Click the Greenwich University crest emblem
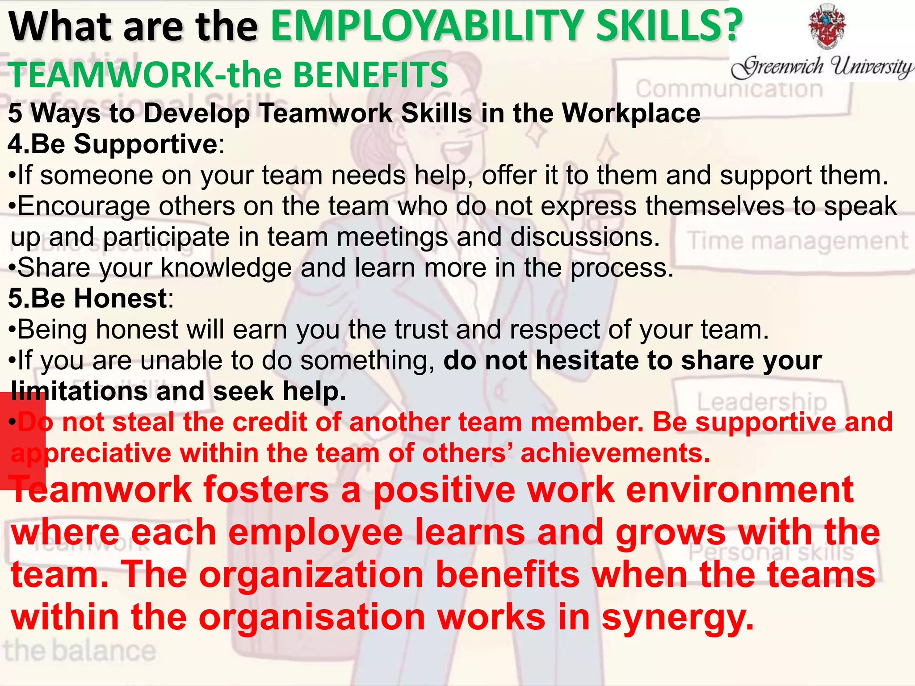click(827, 27)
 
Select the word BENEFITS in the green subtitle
click(370, 75)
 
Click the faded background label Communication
click(729, 89)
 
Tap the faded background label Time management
click(798, 241)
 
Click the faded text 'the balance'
click(80, 651)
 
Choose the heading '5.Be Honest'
click(88, 298)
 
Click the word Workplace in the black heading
click(631, 113)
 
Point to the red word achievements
click(615, 453)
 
